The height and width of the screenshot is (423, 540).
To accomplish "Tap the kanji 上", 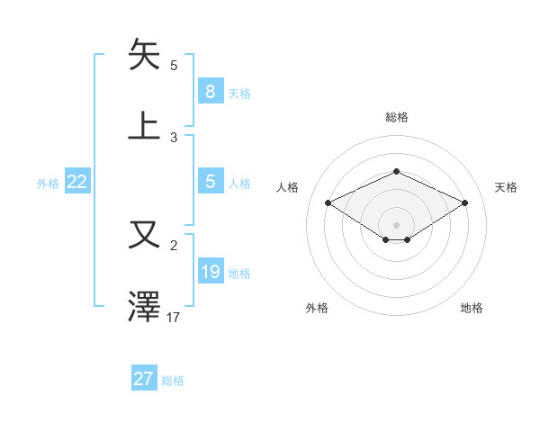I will pos(145,124).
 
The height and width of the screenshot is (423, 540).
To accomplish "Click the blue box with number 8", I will pos(210,92).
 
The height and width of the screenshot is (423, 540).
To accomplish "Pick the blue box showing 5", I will pos(210,182).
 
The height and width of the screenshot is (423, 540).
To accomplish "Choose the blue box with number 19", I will pos(210,272).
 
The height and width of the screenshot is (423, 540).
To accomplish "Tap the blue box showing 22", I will pos(77,182).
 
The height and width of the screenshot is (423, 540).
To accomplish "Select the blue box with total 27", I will pos(143,379).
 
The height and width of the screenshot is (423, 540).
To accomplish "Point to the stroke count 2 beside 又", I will pos(174,245).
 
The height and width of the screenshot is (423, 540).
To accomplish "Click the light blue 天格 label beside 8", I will pos(239,93).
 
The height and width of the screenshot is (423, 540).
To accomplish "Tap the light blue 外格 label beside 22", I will pos(48,183).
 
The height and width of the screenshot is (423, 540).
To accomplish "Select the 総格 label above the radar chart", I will pos(396,117).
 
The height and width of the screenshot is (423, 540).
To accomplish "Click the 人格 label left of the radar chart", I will pos(288,187).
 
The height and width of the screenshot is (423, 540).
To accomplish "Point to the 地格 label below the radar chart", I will pos(472,308).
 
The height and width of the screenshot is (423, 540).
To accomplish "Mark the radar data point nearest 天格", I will pos(464,203).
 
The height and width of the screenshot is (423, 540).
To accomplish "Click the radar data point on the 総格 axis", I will pos(396,171).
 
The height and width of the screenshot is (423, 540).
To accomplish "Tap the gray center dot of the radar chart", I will pos(396,223).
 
